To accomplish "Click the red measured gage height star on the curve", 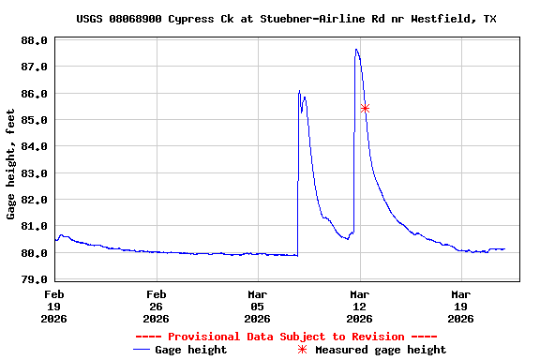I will (365, 108).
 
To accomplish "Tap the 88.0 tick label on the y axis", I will (34, 40).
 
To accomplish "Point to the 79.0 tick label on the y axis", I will (34, 279).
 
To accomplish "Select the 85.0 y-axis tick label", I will (34, 120).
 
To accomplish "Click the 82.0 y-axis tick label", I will (34, 200).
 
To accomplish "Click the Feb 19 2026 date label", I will (54, 306).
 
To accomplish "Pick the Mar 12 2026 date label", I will (359, 306).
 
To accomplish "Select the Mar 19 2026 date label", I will (460, 306).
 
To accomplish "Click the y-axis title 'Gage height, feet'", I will (11, 164).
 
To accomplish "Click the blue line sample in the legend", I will (142, 350).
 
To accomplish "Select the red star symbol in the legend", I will (302, 350).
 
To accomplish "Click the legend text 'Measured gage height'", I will (381, 350).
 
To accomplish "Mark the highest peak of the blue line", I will (356, 50).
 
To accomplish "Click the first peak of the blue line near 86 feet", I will (299, 91).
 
